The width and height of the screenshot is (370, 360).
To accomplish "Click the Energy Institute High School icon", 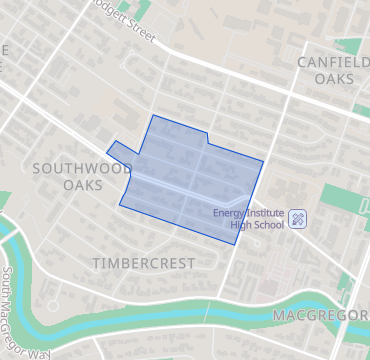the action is [x=298, y=218].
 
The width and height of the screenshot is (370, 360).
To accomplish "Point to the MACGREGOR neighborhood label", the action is [x=321, y=316].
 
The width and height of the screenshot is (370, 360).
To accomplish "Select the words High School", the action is [x=257, y=224].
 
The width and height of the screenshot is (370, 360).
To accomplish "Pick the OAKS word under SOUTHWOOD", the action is [x=84, y=185].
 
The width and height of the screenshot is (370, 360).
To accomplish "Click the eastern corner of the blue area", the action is [x=263, y=160].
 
